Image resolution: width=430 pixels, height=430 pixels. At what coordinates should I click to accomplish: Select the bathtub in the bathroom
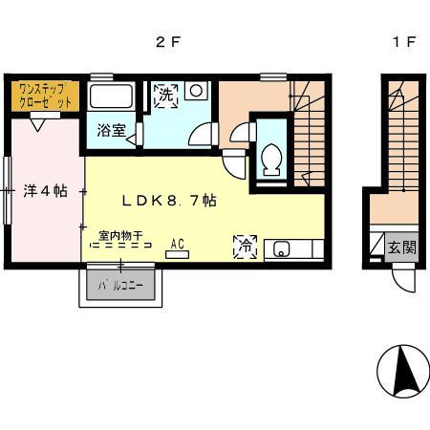(113, 97)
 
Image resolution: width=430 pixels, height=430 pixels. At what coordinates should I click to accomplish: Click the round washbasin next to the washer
(197, 92)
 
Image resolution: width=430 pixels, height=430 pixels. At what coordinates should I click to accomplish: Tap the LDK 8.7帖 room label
(168, 202)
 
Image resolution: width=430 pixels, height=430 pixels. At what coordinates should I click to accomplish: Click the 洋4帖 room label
(45, 189)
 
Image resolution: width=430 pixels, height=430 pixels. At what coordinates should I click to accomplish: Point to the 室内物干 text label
(120, 232)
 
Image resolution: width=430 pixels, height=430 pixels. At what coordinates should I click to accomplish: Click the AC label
(178, 243)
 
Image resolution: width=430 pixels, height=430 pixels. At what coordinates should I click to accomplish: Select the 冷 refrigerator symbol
(243, 247)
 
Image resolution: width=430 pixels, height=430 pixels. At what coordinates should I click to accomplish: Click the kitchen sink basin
(282, 250)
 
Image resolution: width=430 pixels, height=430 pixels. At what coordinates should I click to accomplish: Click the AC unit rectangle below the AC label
(179, 253)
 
